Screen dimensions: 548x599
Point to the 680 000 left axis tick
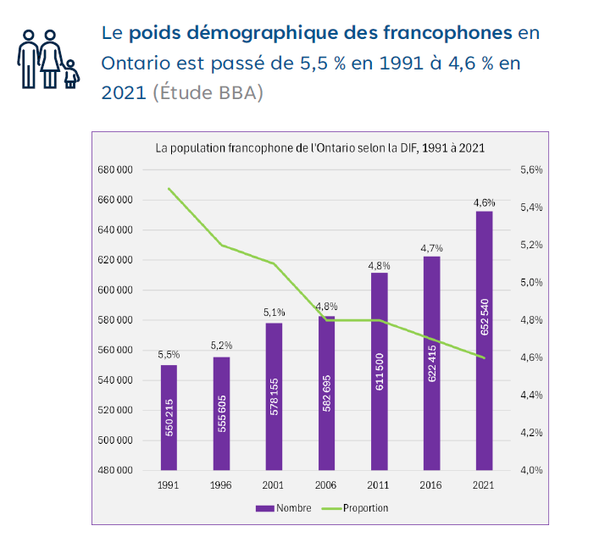pos(116,170)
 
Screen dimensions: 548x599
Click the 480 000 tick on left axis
pos(116,470)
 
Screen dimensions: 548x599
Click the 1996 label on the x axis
pos(221,485)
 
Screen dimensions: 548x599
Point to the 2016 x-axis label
pos(431,485)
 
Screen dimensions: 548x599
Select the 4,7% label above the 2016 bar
pos(431,247)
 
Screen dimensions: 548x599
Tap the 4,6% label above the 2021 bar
pos(484,202)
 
